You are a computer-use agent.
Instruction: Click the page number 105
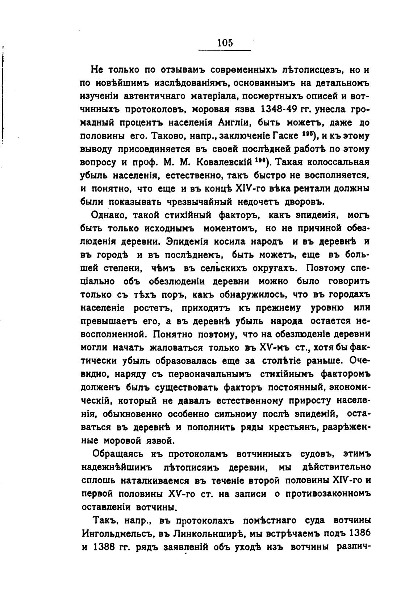(x=225, y=43)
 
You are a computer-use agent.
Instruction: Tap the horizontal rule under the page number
(x=225, y=50)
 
